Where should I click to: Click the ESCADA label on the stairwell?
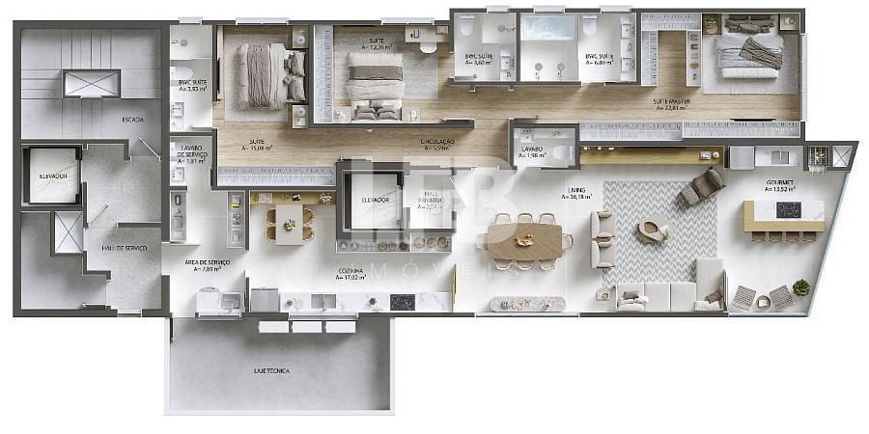[x=132, y=120]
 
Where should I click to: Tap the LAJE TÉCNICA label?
[x=271, y=370]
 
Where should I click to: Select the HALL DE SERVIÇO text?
[x=124, y=248]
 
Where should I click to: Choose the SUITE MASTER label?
[x=670, y=104]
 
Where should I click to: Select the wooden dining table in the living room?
[x=524, y=241]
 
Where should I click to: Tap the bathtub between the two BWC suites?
[x=548, y=27]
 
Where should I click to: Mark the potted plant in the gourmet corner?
[x=800, y=287]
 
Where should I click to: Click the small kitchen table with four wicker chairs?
[x=289, y=224]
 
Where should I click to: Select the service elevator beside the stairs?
[x=54, y=177]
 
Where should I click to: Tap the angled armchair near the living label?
[x=703, y=187]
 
